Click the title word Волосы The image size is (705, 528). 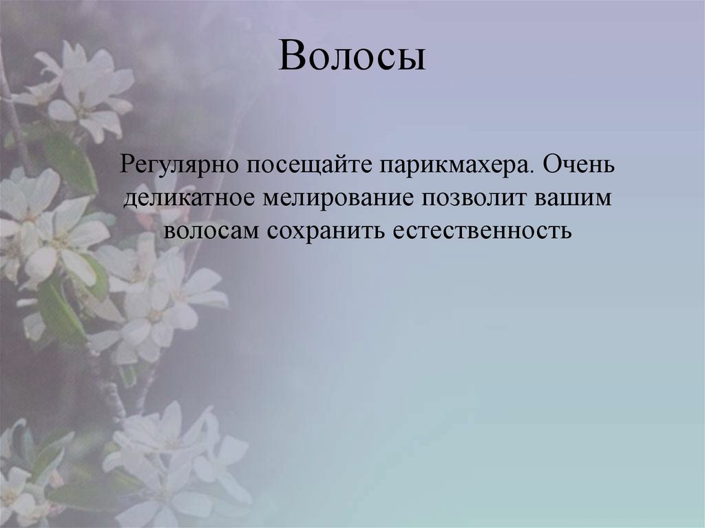tap(352, 57)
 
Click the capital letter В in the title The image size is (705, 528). tap(292, 57)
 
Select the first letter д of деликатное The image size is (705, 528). tap(130, 199)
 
